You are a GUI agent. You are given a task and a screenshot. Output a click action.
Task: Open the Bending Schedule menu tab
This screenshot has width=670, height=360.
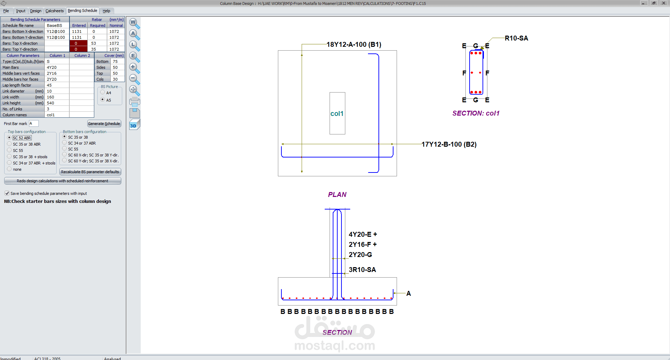tap(82, 11)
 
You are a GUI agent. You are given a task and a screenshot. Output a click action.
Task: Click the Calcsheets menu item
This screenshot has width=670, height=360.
tap(54, 11)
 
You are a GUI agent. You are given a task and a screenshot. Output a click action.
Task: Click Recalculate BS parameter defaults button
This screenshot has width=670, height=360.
tap(90, 172)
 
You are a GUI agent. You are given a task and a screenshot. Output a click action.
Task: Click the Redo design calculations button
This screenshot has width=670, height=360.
tap(62, 181)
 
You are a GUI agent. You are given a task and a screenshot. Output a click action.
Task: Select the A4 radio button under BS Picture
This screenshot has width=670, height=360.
tap(103, 93)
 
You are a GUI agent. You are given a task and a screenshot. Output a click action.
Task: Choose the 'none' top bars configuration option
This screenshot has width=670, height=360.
tap(9, 169)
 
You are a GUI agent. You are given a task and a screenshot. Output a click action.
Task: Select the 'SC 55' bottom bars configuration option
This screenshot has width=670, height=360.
tap(65, 149)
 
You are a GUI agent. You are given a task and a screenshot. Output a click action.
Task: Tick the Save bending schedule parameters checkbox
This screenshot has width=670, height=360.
tap(7, 193)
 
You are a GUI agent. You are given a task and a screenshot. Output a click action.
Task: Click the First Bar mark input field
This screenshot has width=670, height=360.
tap(34, 124)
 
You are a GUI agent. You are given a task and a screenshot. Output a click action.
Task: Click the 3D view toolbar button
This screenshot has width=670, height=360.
tap(134, 125)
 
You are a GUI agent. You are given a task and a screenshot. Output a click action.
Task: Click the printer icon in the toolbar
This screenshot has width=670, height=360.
tap(134, 102)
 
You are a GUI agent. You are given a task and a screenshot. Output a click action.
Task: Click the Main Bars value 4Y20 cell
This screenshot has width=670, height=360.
tap(57, 67)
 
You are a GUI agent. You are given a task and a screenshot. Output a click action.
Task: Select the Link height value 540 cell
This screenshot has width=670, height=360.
tap(57, 103)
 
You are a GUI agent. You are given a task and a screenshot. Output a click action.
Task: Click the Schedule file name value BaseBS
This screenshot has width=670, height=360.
tap(57, 25)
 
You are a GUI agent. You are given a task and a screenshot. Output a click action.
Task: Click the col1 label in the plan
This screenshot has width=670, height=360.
tap(337, 113)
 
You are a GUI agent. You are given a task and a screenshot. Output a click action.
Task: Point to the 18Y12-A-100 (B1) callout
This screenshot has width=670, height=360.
tap(354, 45)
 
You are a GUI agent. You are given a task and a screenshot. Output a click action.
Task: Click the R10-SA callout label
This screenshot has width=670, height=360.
tap(516, 38)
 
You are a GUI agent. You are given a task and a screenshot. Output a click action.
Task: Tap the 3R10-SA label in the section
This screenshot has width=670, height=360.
tap(362, 270)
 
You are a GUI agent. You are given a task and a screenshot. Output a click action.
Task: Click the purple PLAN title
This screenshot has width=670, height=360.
tap(337, 194)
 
